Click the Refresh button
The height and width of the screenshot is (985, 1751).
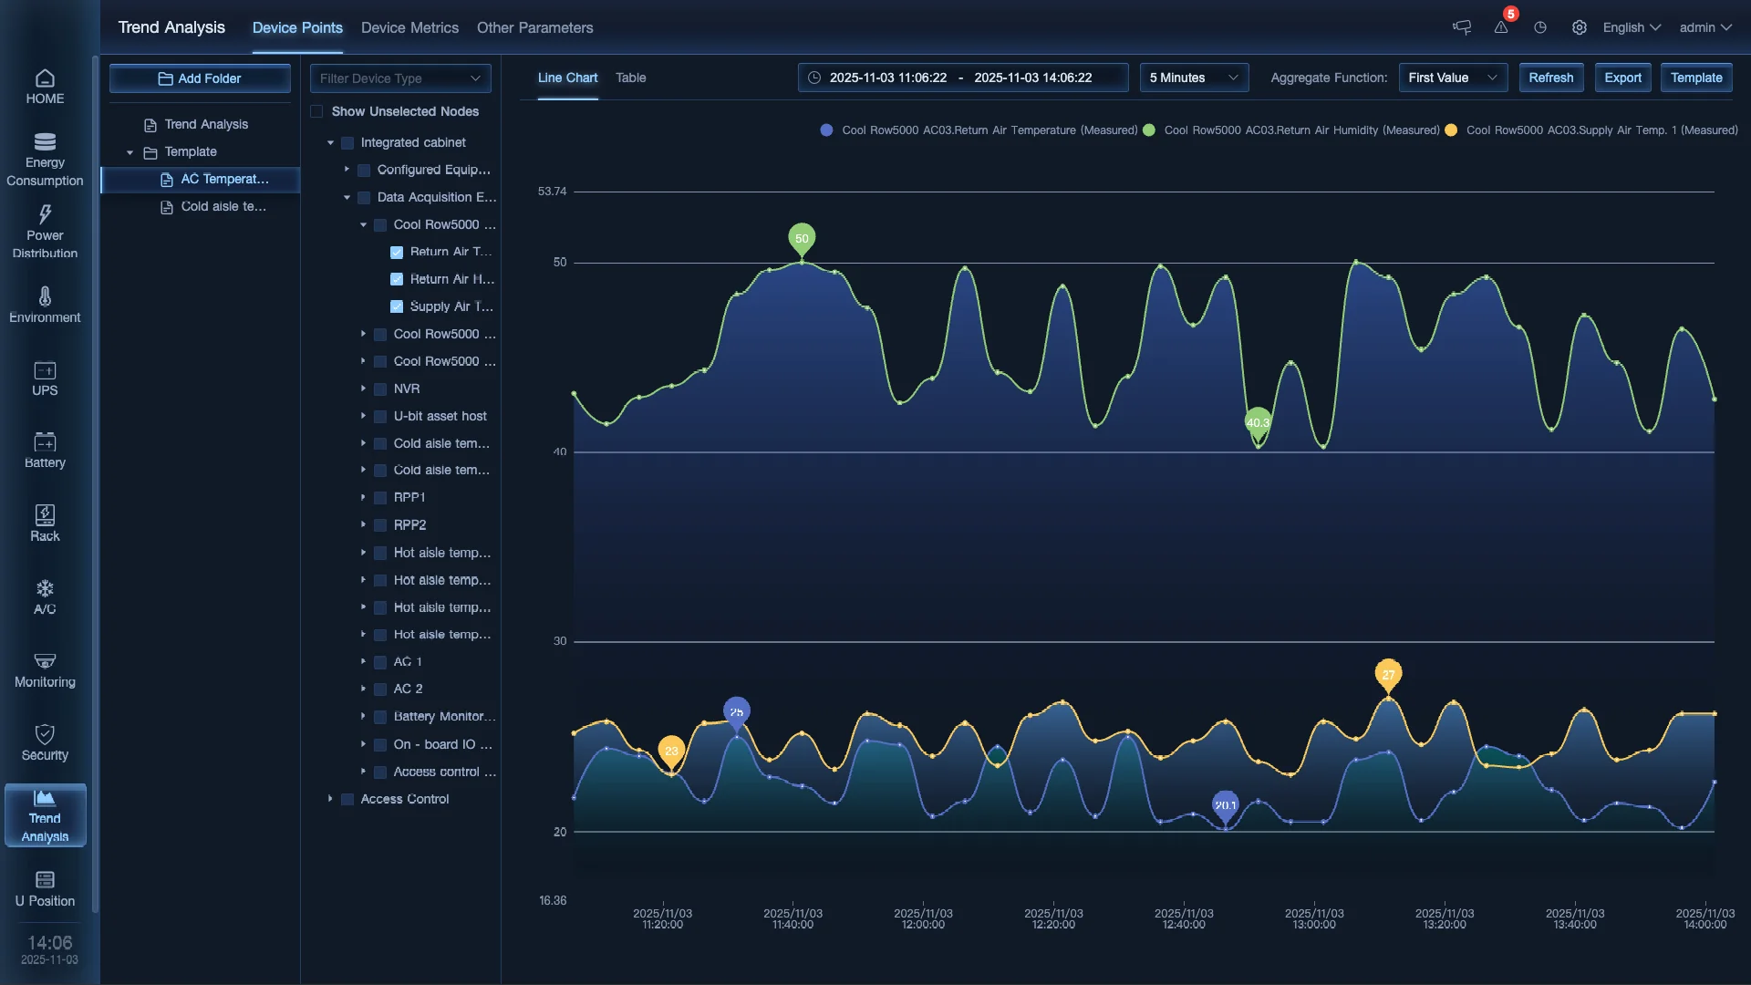coord(1550,78)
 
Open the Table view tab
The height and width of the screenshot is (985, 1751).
coord(630,78)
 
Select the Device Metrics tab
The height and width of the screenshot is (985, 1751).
coord(409,27)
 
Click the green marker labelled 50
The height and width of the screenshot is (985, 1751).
coord(802,238)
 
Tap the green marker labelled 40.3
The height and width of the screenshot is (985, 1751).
coord(1258,422)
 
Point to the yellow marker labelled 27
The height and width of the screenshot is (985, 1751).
coord(1388,675)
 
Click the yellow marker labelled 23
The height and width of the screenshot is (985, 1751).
coord(671,751)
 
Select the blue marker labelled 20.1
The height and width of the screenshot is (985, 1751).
coord(1225,804)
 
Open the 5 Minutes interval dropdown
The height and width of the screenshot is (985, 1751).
coord(1193,78)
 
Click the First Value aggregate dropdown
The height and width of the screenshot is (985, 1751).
coord(1452,78)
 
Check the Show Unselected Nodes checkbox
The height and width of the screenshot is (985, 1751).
coord(316,111)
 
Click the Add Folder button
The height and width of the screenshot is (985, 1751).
coord(200,78)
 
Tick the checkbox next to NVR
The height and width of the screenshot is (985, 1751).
coord(380,389)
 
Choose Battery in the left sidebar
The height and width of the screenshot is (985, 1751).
coord(45,451)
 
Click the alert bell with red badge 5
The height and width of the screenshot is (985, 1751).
coord(1501,27)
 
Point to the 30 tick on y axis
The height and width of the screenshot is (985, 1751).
coord(559,641)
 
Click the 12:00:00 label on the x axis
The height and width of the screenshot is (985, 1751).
coord(923,918)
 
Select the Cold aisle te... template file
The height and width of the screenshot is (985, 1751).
coord(223,206)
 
